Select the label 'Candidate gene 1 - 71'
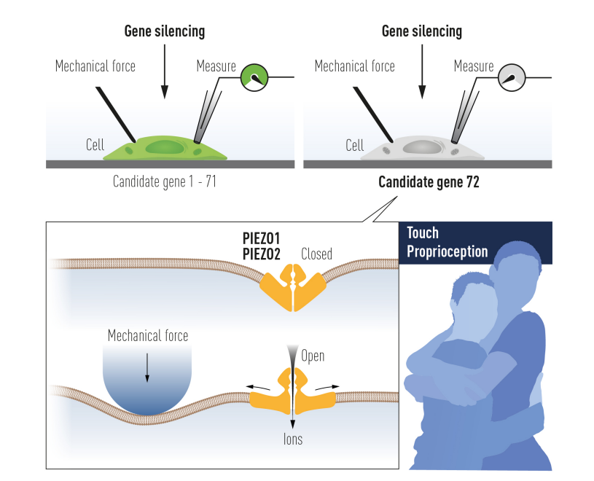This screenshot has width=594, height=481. [x=164, y=181]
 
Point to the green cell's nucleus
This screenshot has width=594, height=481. [x=165, y=148]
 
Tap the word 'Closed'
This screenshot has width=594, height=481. [x=316, y=254]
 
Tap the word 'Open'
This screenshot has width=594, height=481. [x=313, y=356]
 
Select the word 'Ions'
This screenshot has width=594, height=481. [x=293, y=439]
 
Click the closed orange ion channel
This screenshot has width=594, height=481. [x=293, y=286]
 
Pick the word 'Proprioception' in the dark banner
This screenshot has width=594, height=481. [x=447, y=251]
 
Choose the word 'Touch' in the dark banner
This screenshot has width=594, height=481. [x=423, y=233]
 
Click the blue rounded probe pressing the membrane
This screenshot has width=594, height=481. [x=147, y=383]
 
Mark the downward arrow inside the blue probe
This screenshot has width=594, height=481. [x=147, y=368]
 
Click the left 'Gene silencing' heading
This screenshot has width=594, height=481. [x=165, y=31]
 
